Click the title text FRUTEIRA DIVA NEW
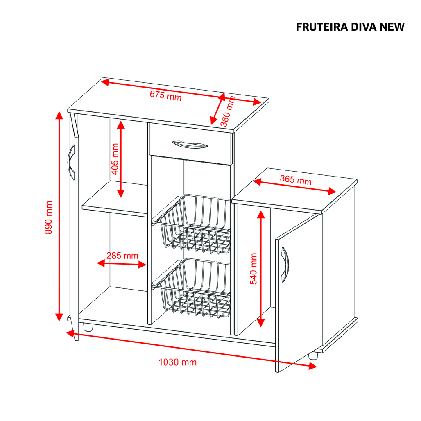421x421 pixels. pyautogui.click(x=350, y=27)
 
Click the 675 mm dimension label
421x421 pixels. pyautogui.click(x=166, y=95)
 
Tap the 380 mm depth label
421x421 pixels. pyautogui.click(x=228, y=111)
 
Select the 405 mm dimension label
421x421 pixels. pyautogui.click(x=115, y=159)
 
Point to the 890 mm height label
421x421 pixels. pyautogui.click(x=49, y=217)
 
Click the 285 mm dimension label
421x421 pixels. pyautogui.click(x=122, y=255)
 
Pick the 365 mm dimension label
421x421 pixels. pyautogui.click(x=296, y=180)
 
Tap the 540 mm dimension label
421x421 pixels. pyautogui.click(x=254, y=269)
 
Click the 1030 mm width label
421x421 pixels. pyautogui.click(x=177, y=362)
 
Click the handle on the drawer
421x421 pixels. pyautogui.click(x=190, y=145)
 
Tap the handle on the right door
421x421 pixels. pyautogui.click(x=285, y=265)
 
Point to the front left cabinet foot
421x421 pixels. pyautogui.click(x=88, y=327)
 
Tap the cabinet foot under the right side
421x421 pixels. pyautogui.click(x=313, y=355)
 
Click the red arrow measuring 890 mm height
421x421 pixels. pyautogui.click(x=59, y=216)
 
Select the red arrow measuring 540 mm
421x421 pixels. pyautogui.click(x=261, y=269)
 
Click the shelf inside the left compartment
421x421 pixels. pyautogui.click(x=115, y=199)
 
